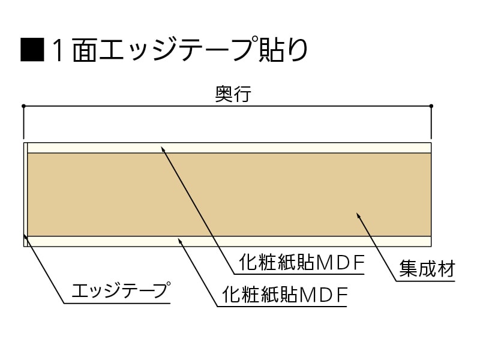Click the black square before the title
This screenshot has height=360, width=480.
click(32, 50)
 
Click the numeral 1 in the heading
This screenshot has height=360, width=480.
click(58, 50)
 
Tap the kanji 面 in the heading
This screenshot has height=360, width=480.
click(86, 50)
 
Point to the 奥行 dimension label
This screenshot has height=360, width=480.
click(232, 94)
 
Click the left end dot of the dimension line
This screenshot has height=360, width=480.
click(23, 106)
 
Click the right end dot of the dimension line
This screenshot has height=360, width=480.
click(431, 106)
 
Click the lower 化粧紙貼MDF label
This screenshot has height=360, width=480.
click(285, 295)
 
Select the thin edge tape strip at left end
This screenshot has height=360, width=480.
click(25, 195)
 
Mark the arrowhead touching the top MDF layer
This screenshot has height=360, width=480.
click(163, 147)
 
